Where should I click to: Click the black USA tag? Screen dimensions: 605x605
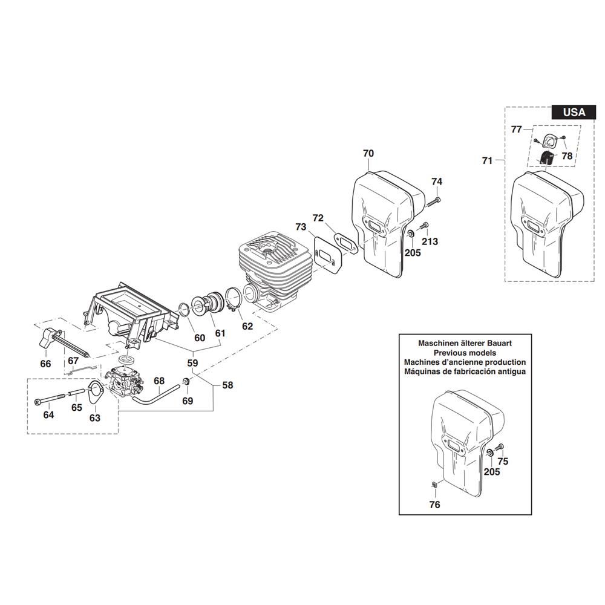tap(574, 112)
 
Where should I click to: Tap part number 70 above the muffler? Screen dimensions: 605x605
tap(368, 154)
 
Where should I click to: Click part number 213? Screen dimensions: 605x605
tap(430, 242)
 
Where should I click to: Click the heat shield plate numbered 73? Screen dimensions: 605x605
tap(327, 257)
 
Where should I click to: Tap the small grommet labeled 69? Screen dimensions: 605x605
tap(187, 382)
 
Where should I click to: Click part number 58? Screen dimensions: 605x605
tap(227, 385)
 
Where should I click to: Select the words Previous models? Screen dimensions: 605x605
tap(465, 353)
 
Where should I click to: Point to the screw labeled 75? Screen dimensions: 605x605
tap(499, 448)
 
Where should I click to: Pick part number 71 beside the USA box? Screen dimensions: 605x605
tap(487, 160)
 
